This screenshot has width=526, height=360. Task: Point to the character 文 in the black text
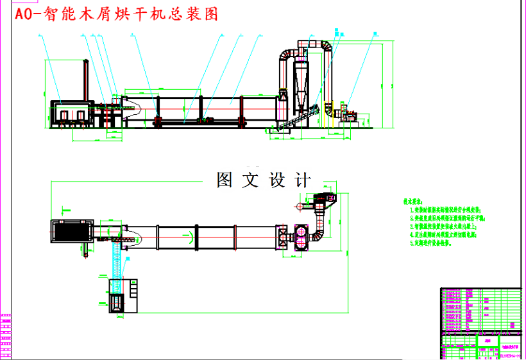[x=250, y=180]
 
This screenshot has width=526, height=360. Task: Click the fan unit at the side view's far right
[x=346, y=114]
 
